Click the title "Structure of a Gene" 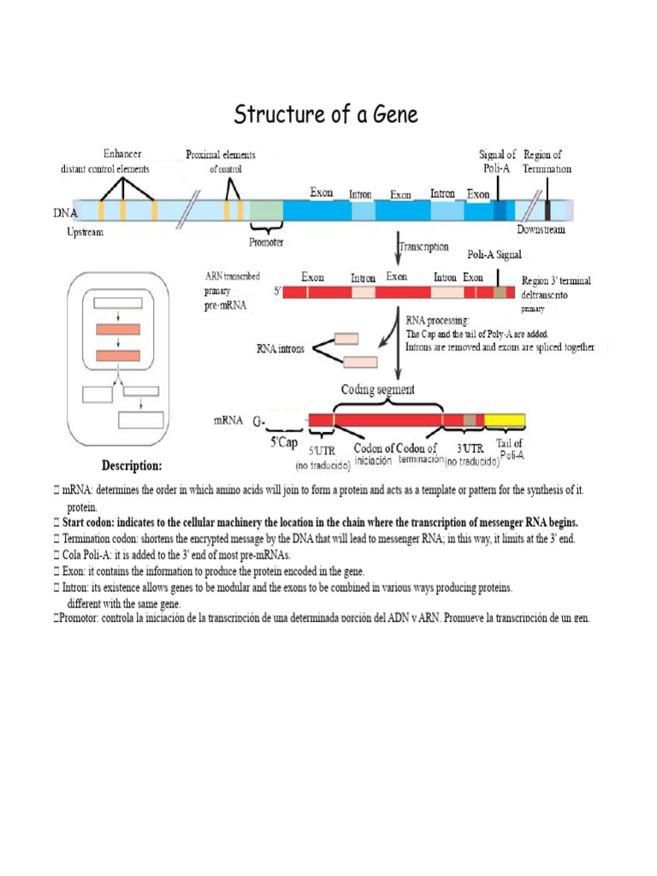click(327, 114)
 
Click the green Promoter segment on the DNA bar click(266, 210)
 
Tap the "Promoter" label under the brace click(266, 243)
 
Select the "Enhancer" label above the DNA click(123, 155)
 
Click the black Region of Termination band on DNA click(547, 210)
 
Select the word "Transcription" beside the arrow click(426, 246)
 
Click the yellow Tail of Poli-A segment click(506, 419)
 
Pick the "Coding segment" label click(378, 389)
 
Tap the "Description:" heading click(132, 466)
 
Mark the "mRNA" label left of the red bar click(226, 422)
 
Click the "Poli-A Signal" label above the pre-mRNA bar click(494, 255)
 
